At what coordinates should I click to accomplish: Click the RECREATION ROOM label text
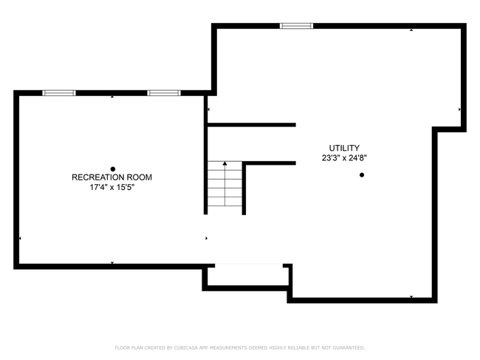(112, 177)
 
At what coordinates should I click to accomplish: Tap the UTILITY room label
(344, 148)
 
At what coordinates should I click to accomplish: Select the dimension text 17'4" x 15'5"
(112, 187)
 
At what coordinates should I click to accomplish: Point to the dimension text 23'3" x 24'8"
(344, 158)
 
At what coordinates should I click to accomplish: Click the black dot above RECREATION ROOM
(113, 169)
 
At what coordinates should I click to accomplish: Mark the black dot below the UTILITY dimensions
(362, 175)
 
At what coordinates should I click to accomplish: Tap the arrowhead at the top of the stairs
(225, 163)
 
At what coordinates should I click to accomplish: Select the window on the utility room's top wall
(296, 26)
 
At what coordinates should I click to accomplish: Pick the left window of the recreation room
(59, 93)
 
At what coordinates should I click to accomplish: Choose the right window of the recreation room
(164, 93)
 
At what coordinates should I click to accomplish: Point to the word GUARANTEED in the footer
(349, 347)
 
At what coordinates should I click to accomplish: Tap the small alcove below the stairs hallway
(248, 276)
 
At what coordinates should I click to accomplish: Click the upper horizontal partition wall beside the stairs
(252, 125)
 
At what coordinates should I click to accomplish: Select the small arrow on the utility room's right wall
(459, 109)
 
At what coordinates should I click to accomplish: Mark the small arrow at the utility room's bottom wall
(411, 296)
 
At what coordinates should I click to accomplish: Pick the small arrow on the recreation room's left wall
(20, 238)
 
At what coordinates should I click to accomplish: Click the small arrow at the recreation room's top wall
(112, 97)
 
